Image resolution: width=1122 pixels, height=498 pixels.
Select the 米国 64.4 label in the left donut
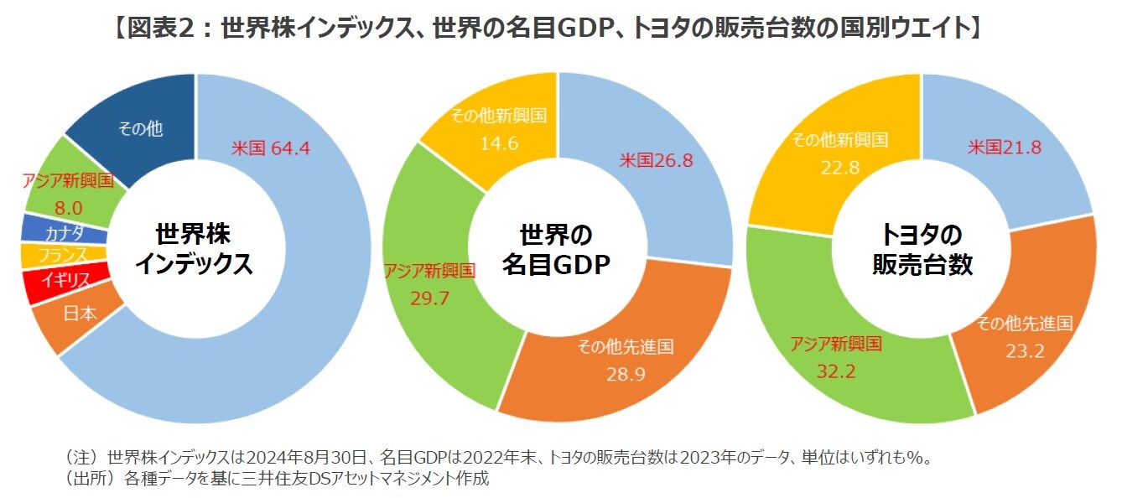[271, 148]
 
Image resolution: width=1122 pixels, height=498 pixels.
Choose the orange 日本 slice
[80, 315]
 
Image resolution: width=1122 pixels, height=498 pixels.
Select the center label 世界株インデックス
[195, 249]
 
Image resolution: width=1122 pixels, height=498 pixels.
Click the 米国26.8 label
[656, 160]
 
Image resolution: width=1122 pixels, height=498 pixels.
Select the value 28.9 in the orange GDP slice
[626, 374]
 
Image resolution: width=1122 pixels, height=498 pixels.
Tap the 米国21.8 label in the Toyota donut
[1005, 148]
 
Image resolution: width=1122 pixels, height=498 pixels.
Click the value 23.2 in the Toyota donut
[1025, 351]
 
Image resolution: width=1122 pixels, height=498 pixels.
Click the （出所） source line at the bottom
[277, 480]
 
